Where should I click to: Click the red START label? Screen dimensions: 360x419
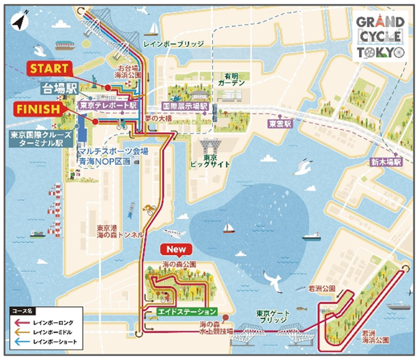49,69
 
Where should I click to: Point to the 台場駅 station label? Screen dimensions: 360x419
57,89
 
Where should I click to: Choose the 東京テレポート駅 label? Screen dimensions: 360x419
107,106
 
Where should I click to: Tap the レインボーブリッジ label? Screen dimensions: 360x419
172,43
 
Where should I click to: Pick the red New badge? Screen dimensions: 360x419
172,248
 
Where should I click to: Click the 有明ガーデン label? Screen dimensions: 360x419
230,79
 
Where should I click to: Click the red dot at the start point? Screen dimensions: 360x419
108,87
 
